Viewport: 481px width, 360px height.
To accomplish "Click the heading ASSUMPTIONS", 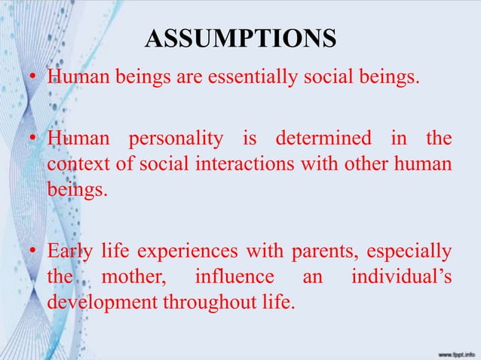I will (x=240, y=39).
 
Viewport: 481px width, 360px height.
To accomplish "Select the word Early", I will (x=69, y=251).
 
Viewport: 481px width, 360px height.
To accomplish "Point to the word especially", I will (x=408, y=251).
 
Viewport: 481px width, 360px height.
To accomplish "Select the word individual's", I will (x=402, y=278).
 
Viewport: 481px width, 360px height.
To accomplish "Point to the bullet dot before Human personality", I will (x=33, y=141).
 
